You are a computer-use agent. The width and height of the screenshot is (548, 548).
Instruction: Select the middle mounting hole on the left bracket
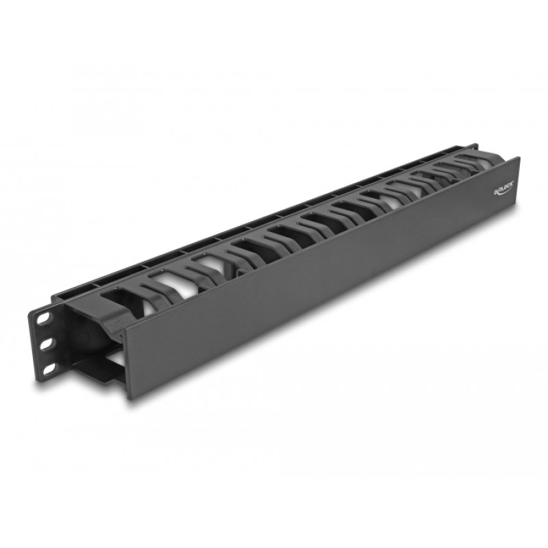[x=47, y=344]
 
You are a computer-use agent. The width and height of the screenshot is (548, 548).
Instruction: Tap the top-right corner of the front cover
[x=519, y=159]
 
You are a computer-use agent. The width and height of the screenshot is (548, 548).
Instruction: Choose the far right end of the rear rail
[x=474, y=146]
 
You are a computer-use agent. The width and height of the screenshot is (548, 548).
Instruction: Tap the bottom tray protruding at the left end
[x=103, y=373]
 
